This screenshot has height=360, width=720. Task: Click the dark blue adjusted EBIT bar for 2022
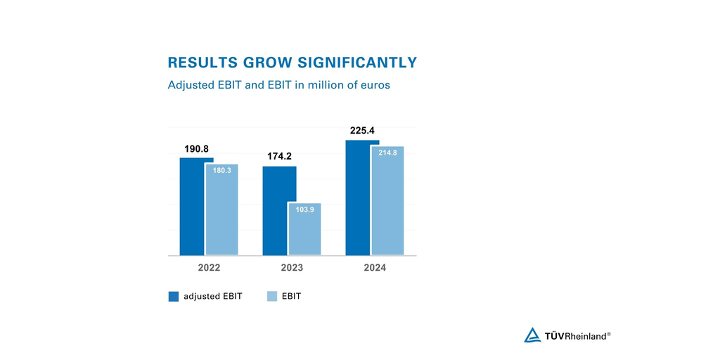pyautogui.click(x=192, y=211)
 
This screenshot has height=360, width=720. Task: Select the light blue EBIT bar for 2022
pyautogui.click(x=222, y=218)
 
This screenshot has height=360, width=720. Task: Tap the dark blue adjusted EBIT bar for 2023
pyautogui.click(x=275, y=211)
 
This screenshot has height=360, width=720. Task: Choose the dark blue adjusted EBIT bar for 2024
pyautogui.click(x=358, y=200)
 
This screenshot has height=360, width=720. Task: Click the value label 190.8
pyautogui.click(x=197, y=149)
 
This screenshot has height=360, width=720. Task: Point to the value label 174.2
pyautogui.click(x=279, y=156)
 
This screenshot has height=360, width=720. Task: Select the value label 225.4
pyautogui.click(x=362, y=131)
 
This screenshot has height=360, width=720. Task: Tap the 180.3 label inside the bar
pyautogui.click(x=222, y=170)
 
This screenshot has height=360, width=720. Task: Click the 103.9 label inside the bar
pyautogui.click(x=305, y=210)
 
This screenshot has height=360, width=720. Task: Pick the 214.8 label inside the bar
pyautogui.click(x=388, y=153)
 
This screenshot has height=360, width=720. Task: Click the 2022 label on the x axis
pyautogui.click(x=209, y=268)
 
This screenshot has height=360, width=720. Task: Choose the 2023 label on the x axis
pyautogui.click(x=292, y=268)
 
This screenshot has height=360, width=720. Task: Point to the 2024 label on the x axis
pyautogui.click(x=375, y=268)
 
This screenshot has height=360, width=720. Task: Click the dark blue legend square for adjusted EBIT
pyautogui.click(x=174, y=297)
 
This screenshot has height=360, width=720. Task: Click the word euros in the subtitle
pyautogui.click(x=373, y=85)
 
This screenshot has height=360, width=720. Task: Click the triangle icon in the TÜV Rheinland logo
pyautogui.click(x=532, y=335)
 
